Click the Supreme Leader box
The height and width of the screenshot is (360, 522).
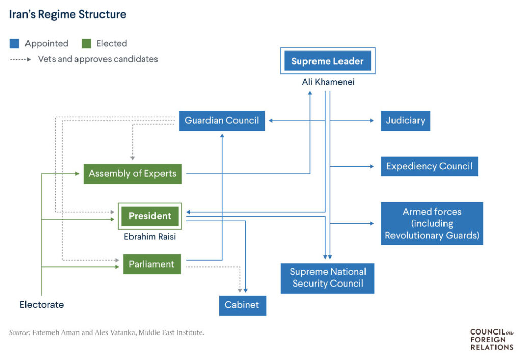click(x=327, y=61)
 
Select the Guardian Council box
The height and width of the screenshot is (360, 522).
click(x=222, y=121)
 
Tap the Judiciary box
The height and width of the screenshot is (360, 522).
click(x=405, y=121)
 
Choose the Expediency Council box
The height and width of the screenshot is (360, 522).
click(x=429, y=166)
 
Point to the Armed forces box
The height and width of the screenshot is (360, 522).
click(x=432, y=223)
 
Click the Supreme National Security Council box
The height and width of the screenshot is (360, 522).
click(x=327, y=278)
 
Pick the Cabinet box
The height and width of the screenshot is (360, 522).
click(x=242, y=305)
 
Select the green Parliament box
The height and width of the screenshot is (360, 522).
click(x=152, y=264)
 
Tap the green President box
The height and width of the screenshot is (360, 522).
click(x=150, y=216)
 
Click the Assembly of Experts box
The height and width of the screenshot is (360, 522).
click(x=133, y=174)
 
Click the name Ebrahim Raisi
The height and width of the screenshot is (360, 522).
click(x=149, y=237)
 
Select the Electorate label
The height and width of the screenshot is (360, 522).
click(x=42, y=305)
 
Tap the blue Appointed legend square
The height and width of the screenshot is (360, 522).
click(x=14, y=44)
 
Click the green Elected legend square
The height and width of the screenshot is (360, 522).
click(x=86, y=44)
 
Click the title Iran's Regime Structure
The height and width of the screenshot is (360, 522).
click(x=67, y=14)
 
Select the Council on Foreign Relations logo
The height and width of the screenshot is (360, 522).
click(x=491, y=340)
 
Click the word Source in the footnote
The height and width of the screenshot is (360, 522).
click(x=19, y=333)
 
